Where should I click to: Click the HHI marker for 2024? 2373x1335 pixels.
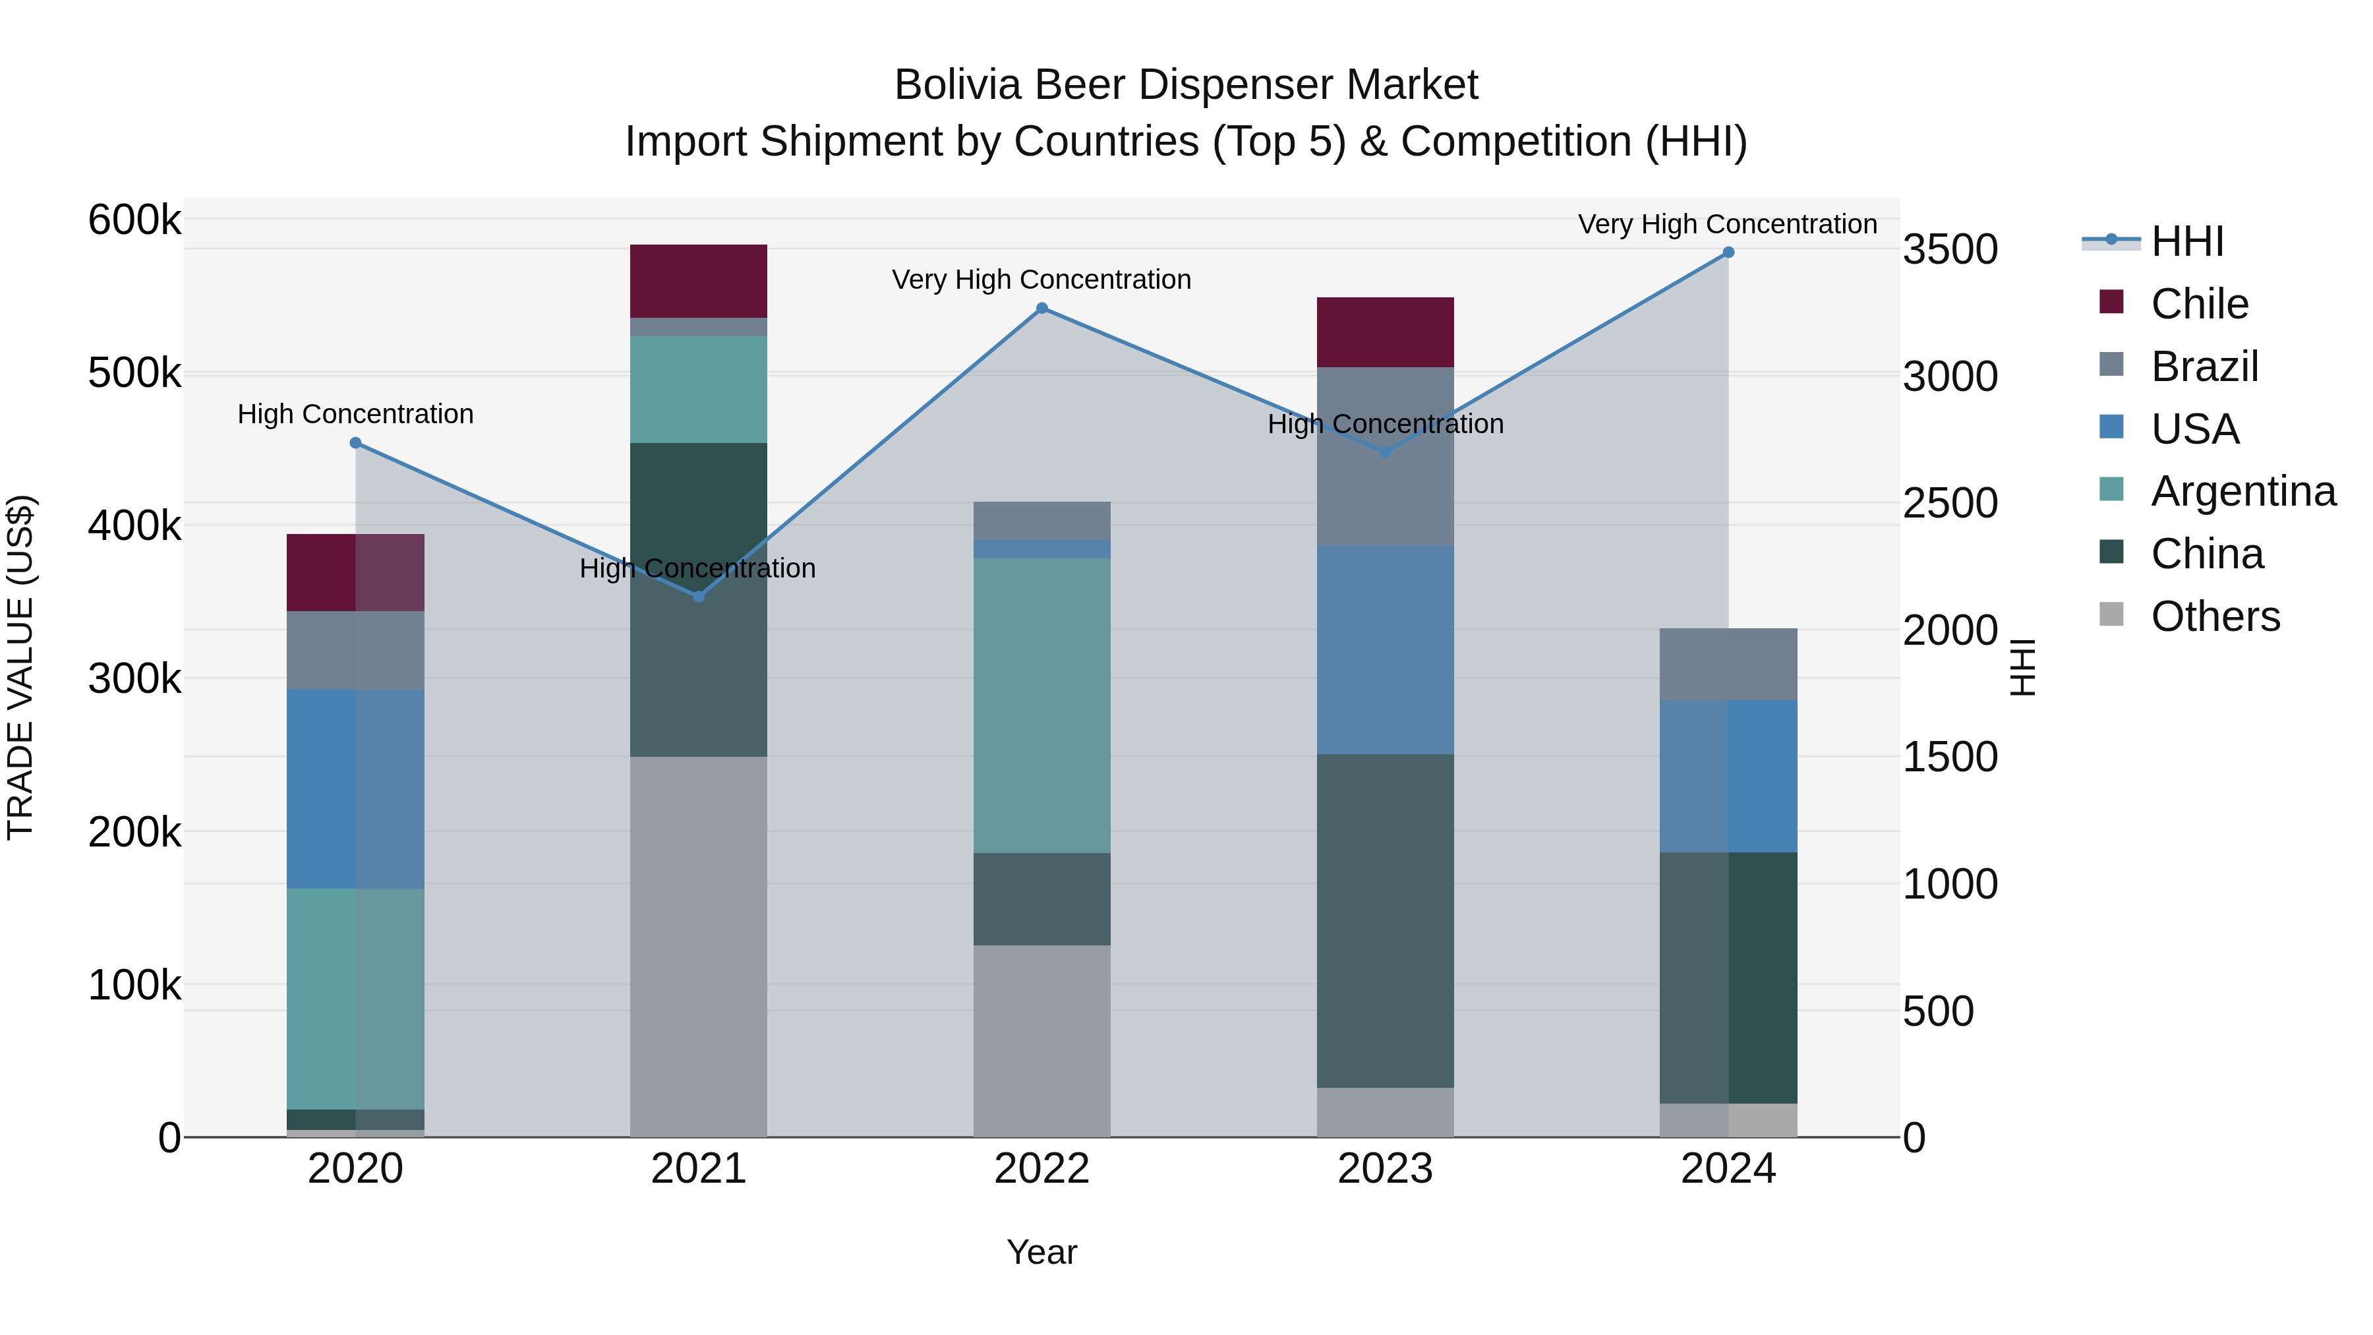pos(1728,252)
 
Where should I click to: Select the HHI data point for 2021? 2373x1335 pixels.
pos(698,597)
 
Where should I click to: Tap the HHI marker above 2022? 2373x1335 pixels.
pos(1042,309)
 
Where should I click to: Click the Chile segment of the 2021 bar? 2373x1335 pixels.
pos(698,281)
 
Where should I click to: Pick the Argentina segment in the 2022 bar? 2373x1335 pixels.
pos(1042,705)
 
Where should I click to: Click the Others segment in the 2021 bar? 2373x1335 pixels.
pos(698,946)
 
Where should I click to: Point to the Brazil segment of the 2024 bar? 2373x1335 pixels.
pos(1728,665)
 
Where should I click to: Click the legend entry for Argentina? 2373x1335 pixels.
pos(2243,491)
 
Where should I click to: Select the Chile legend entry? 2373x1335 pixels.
pos(2199,304)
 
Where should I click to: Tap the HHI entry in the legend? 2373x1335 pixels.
pos(2187,241)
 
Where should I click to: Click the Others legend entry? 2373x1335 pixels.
pos(2215,616)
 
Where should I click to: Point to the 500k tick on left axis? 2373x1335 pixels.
pos(134,373)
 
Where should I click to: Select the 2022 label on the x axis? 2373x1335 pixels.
pos(1042,1169)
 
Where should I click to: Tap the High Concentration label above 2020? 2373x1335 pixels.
pos(355,415)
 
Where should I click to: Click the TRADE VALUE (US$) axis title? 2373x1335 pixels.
pos(20,667)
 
